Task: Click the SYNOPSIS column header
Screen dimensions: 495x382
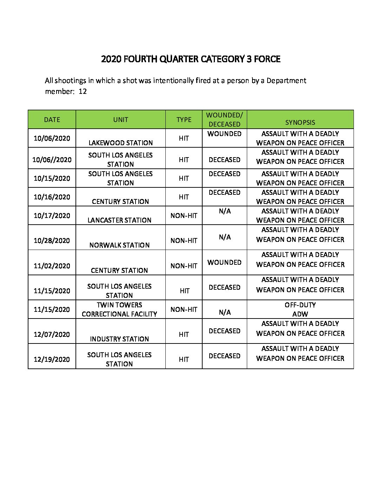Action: click(300, 122)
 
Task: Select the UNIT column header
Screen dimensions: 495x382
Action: click(120, 120)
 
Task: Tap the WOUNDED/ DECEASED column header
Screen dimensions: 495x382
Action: click(224, 120)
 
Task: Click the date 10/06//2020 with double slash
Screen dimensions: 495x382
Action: click(52, 160)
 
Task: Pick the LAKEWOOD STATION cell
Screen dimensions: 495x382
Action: click(120, 143)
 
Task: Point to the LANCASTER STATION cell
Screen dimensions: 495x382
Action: click(119, 220)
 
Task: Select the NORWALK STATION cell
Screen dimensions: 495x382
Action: click(119, 245)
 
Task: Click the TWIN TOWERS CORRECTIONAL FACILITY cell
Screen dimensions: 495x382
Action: click(119, 309)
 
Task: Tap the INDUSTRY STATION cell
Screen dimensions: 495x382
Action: click(119, 339)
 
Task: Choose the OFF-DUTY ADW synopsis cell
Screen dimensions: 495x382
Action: click(300, 309)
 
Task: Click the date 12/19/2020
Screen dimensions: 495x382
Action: click(52, 359)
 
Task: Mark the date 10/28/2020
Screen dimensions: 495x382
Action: click(52, 240)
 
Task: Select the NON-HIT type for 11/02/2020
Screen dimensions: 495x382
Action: click(184, 266)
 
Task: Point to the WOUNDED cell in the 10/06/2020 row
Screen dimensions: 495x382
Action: click(224, 134)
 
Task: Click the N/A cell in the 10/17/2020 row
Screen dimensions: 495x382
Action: click(224, 211)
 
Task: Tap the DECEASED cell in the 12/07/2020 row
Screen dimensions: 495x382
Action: click(224, 331)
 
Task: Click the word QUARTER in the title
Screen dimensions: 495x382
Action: click(179, 59)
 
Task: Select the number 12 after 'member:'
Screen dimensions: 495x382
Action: click(83, 91)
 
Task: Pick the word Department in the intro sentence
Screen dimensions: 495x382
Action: click(286, 81)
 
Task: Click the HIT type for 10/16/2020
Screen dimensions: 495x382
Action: click(184, 197)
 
